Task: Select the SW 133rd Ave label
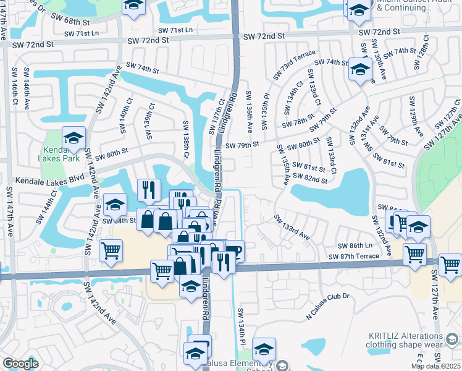pyautogui.click(x=292, y=226)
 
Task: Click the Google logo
pyautogui.click(x=20, y=364)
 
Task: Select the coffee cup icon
pyautogui.click(x=234, y=250)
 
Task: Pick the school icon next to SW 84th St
pyautogui.click(x=115, y=203)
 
